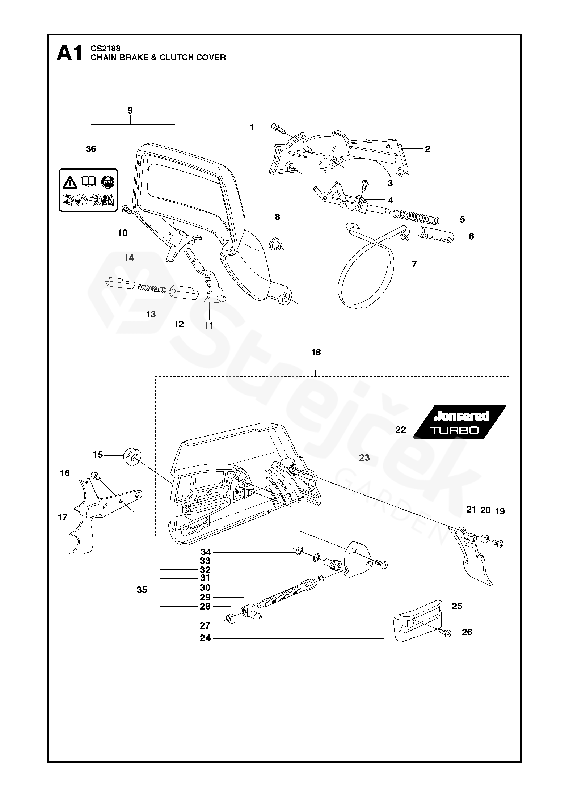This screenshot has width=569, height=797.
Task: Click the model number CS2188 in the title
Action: pyautogui.click(x=105, y=48)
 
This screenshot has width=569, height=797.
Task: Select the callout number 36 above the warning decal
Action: pyautogui.click(x=91, y=149)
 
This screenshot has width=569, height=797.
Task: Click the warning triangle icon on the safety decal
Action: pyautogui.click(x=70, y=183)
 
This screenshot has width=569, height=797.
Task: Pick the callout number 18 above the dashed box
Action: pyautogui.click(x=316, y=352)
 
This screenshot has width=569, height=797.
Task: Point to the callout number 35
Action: pyautogui.click(x=142, y=590)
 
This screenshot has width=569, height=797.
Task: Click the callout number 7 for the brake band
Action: pyautogui.click(x=414, y=264)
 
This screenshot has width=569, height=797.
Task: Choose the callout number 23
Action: pyautogui.click(x=364, y=457)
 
